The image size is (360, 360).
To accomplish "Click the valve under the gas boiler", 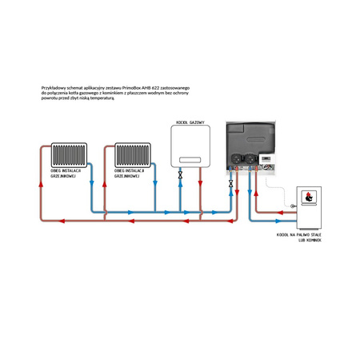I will point(180,174).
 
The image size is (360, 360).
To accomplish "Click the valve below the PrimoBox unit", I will point(231,184).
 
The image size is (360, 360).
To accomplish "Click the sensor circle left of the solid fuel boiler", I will point(293,206).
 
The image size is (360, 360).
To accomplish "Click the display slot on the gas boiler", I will point(186,159).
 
